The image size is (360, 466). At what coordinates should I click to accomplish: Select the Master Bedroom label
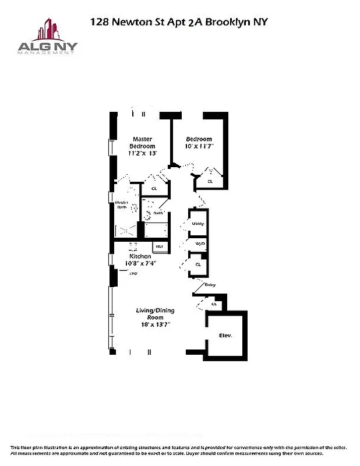[x=143, y=142]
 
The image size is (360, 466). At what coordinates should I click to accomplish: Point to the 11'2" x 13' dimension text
[x=143, y=153]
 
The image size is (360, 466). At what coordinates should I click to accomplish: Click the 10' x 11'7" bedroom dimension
[x=199, y=146]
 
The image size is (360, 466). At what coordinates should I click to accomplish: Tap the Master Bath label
[x=122, y=204]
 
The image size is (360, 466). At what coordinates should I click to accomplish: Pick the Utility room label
[x=198, y=224]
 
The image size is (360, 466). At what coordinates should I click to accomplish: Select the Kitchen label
[x=140, y=256]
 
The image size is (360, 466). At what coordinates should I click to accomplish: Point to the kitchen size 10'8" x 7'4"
[x=141, y=263]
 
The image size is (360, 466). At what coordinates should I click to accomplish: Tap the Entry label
[x=210, y=285]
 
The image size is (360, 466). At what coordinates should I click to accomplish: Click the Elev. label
[x=225, y=336]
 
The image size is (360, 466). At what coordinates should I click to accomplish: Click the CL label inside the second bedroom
[x=210, y=182]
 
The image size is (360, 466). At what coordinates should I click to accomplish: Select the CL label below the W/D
[x=198, y=264]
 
